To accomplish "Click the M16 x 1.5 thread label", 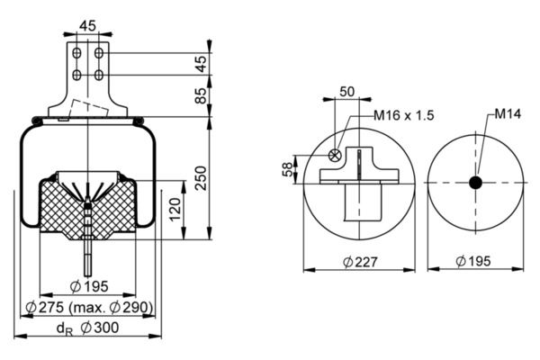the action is point(403,115).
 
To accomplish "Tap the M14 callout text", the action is point(508,113).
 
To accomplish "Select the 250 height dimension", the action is point(201,178).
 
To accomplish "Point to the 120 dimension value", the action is point(175,210).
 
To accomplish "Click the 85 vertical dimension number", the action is point(201,95).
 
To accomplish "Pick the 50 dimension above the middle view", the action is point(346,92).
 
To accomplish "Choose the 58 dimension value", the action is point(288,169).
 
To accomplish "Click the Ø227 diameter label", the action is point(360,262).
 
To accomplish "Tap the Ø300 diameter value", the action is point(100,328).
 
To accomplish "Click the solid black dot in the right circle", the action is point(475,183).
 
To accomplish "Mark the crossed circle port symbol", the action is point(335,155).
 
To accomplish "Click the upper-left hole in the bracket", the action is point(76,53).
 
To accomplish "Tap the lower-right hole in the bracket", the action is point(99,75).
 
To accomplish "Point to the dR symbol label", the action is point(65,328).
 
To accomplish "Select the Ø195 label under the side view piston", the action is point(89,286).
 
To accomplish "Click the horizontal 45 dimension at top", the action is point(87,26).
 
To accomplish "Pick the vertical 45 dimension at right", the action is point(201,64).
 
